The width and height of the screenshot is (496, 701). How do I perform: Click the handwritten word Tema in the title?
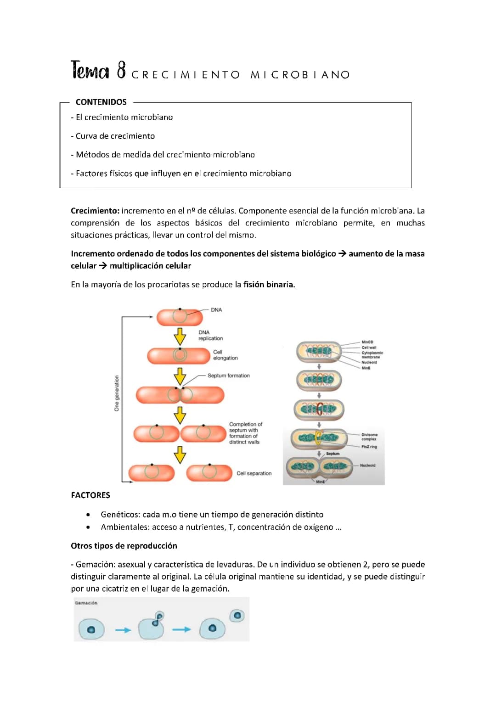tap(90, 71)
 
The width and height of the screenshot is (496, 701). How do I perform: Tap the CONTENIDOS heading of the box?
tap(101, 102)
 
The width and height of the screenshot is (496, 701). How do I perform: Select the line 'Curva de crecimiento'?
tap(115, 136)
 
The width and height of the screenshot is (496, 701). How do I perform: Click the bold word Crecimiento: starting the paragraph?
tap(95, 211)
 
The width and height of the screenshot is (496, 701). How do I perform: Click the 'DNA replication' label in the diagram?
tap(210, 335)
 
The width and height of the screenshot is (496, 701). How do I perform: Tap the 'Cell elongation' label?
tap(225, 355)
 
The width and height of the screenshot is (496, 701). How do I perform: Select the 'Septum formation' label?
tap(228, 376)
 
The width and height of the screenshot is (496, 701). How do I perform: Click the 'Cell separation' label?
tap(254, 473)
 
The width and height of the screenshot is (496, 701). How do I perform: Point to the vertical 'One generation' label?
tap(117, 393)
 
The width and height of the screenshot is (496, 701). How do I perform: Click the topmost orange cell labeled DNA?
tap(180, 317)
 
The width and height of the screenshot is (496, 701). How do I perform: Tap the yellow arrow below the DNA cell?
tap(180, 336)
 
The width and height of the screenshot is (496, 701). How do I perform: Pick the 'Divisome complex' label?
tap(369, 437)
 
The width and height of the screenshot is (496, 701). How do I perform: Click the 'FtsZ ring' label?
tap(369, 447)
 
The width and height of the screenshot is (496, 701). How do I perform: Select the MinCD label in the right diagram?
tap(367, 342)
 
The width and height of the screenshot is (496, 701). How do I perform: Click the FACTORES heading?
tap(90, 495)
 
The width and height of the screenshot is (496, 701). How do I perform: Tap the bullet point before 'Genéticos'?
tap(88, 515)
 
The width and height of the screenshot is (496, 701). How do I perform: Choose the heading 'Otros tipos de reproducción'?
tap(124, 546)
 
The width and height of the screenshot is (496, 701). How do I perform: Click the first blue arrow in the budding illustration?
tap(123, 630)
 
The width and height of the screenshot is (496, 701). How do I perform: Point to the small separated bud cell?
tap(237, 616)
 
